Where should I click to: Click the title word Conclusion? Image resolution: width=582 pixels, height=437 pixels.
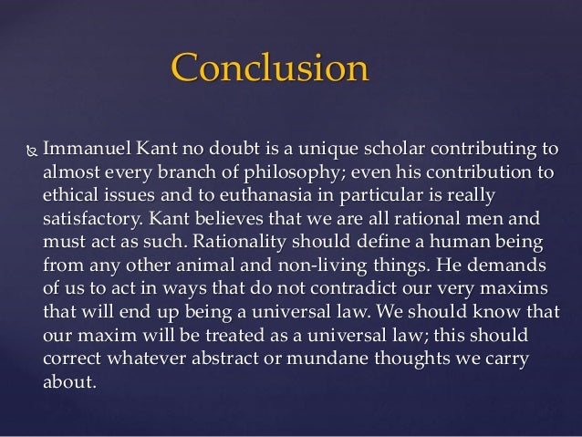click(x=270, y=68)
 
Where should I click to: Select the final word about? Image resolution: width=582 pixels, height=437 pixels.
click(x=69, y=381)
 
